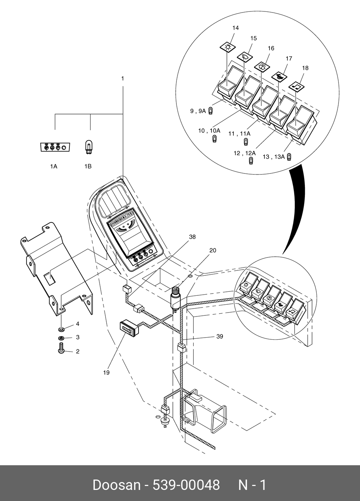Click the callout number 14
235,28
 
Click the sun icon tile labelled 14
227,47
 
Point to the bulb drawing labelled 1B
88,147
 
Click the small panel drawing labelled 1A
55,147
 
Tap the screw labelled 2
61,348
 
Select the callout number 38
192,237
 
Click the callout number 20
213,250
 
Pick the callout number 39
220,336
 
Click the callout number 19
106,372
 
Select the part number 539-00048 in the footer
186,485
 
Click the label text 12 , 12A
245,153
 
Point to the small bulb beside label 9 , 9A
211,110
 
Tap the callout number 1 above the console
122,78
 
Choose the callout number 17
289,58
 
